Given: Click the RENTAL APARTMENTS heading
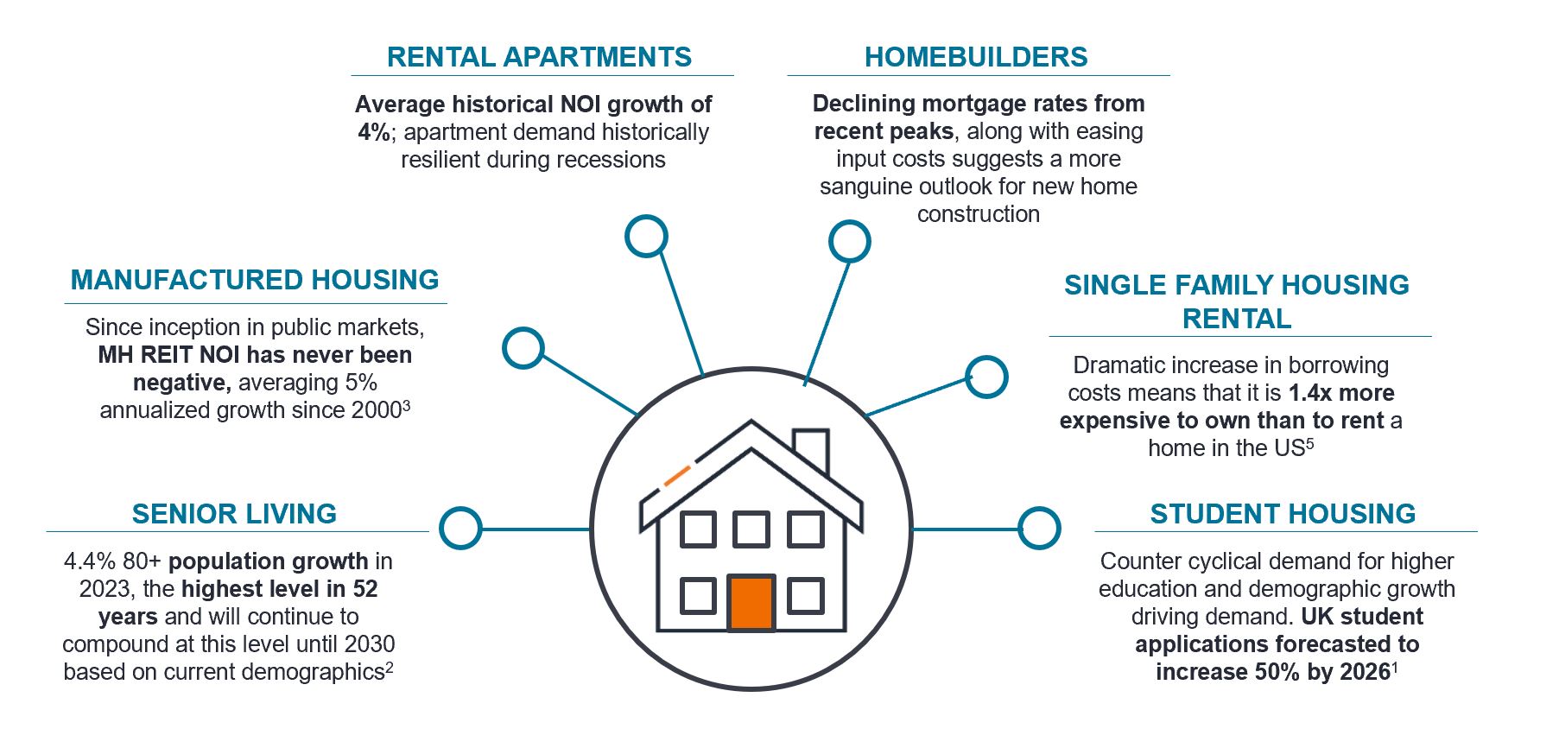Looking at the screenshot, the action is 539,57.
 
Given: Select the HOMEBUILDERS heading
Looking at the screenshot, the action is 976,57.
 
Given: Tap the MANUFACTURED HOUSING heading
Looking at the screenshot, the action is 255,280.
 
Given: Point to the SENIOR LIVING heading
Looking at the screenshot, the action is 234,514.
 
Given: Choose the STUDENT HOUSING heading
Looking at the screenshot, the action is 1283,514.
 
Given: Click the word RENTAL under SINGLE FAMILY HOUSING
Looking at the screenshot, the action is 1237,319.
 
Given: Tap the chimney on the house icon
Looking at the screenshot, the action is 811,450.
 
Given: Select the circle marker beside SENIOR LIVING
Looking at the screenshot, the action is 460,528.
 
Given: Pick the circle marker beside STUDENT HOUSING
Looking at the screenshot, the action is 1039,528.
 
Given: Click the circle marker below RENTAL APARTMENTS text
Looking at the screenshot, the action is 646,236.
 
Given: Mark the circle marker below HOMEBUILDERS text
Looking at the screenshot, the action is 850,241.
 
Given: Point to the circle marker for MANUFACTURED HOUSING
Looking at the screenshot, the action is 523,348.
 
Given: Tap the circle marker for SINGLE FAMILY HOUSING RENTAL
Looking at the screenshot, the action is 986,377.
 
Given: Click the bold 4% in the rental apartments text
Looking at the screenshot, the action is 375,132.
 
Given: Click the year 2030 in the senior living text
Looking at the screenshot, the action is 369,644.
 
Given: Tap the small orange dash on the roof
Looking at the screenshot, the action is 677,475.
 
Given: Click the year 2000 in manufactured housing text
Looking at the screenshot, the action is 377,410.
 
